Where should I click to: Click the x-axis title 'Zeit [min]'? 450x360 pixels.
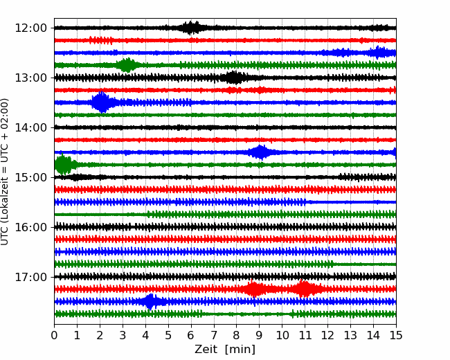coord(225,350)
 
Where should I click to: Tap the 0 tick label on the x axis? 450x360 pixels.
coord(55,336)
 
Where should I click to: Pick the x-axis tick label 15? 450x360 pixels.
coord(395,336)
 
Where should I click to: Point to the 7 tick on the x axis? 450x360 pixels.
coord(214,336)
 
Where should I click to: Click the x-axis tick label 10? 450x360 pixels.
coord(282,336)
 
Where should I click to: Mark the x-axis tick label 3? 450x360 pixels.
coord(123,336)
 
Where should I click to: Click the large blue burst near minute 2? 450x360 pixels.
coord(101,102)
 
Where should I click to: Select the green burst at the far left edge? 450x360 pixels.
coord(63,165)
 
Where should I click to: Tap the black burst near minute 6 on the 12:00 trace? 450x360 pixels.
coord(191,28)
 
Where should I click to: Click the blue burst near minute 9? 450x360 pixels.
coord(260,152)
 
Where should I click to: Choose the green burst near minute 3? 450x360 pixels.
coord(127,65)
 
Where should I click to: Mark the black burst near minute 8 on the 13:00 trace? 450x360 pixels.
coord(235,78)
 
